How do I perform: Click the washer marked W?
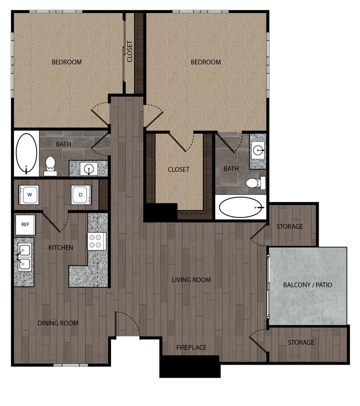[x=29, y=195]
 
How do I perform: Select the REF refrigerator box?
[x=25, y=225]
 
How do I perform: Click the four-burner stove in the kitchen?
[x=97, y=241]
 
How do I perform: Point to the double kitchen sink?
[x=25, y=257]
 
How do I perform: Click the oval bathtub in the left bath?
[x=26, y=153]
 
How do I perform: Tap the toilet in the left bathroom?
[x=50, y=165]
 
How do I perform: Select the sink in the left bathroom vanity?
[x=88, y=168]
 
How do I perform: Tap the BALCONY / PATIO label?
[x=308, y=285]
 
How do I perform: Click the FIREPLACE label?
[x=191, y=347]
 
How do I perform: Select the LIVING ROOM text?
[x=191, y=279]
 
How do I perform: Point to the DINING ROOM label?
[x=58, y=323]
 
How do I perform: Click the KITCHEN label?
[x=61, y=248]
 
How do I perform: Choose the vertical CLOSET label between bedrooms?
[x=130, y=51]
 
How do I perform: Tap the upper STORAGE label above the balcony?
[x=289, y=227]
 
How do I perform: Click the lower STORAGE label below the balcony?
[x=301, y=343]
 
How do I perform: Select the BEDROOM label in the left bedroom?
[x=67, y=62]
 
